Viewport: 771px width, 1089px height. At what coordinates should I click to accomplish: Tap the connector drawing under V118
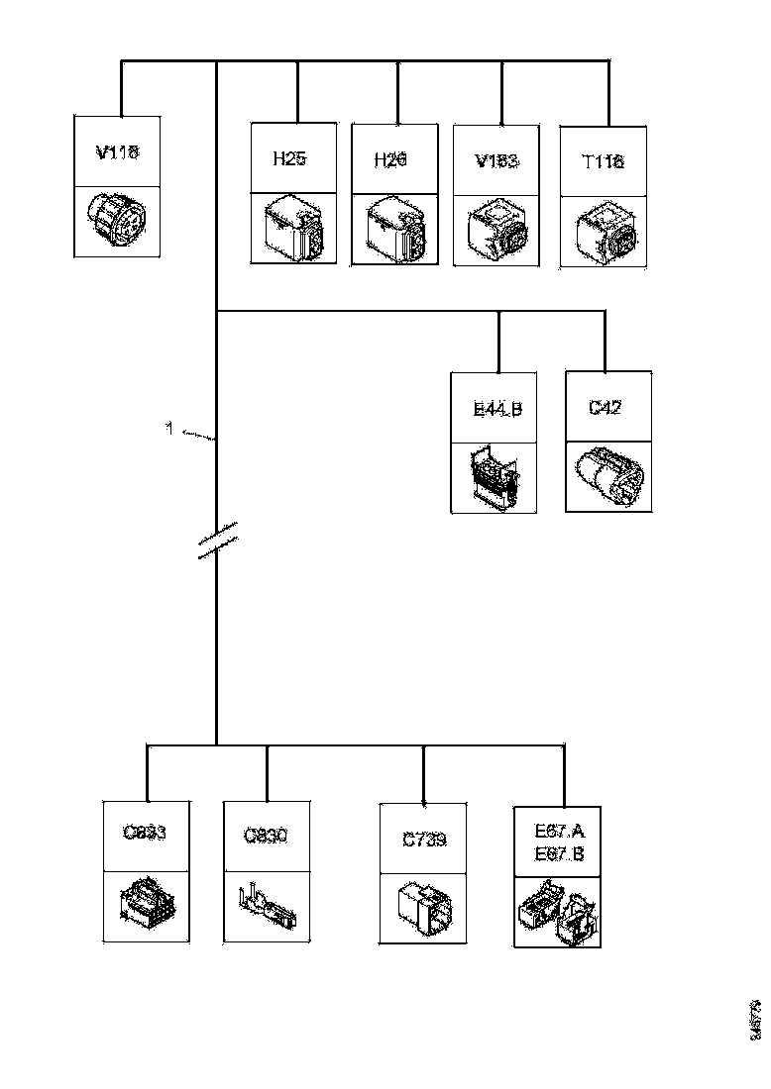pyautogui.click(x=116, y=221)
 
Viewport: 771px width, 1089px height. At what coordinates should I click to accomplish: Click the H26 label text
pyautogui.click(x=390, y=159)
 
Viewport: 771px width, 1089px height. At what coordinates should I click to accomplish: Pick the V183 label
pyautogui.click(x=496, y=160)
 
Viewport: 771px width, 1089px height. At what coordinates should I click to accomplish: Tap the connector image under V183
pyautogui.click(x=496, y=231)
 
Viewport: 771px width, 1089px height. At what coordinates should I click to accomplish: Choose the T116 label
pyautogui.click(x=604, y=160)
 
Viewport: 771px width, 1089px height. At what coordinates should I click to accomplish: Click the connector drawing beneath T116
pyautogui.click(x=603, y=231)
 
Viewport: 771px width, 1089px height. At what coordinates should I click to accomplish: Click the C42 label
pyautogui.click(x=605, y=407)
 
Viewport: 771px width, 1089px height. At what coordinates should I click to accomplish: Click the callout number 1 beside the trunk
pyautogui.click(x=169, y=429)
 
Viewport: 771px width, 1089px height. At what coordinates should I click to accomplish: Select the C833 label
pyautogui.click(x=145, y=833)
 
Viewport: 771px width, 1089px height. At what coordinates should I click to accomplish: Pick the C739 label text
pyautogui.click(x=424, y=840)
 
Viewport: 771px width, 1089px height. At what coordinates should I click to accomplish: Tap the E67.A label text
pyautogui.click(x=560, y=830)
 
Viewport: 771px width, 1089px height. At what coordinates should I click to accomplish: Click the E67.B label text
pyautogui.click(x=560, y=854)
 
